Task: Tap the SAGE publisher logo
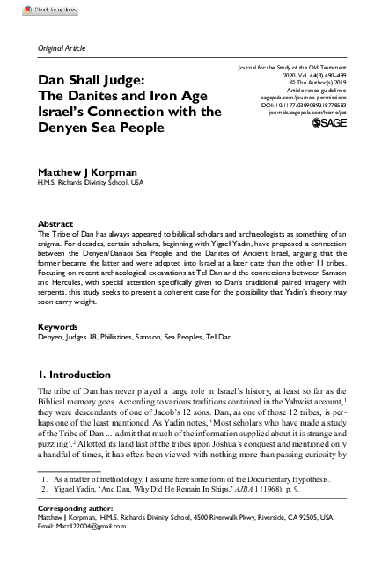point(331,123)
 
